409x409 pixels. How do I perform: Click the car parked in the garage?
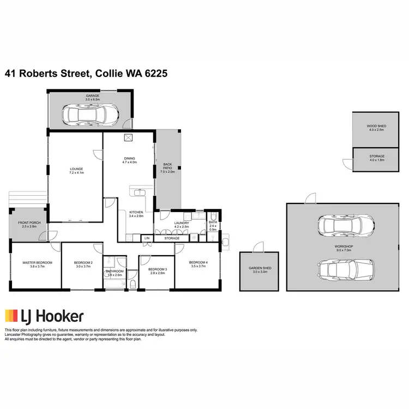pos(91,115)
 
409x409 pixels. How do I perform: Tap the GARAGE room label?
pos(92,98)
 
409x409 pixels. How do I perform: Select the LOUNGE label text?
pos(76,171)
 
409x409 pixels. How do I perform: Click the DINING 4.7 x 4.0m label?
pos(129,160)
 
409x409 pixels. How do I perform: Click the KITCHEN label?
pos(136,214)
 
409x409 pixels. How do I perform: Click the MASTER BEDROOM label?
pos(33,265)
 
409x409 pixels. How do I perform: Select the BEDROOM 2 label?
pos(83,265)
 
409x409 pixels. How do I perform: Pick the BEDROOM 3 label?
pos(157,270)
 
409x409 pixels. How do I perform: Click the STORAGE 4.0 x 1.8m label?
pos(377,158)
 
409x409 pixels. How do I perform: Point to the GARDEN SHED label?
pos(259,270)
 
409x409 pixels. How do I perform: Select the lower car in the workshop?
pos(346,269)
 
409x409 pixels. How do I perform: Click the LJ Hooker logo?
pos(44,316)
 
